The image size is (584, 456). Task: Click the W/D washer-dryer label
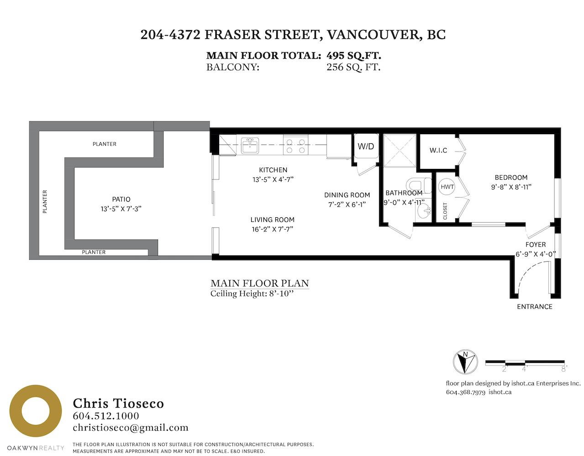point(365,147)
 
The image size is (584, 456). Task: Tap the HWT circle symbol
point(447,187)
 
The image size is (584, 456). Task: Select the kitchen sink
point(250,145)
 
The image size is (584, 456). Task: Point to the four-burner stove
point(295,145)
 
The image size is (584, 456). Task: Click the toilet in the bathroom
point(419,185)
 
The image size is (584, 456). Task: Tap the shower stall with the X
point(400,150)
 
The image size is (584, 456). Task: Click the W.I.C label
point(438,150)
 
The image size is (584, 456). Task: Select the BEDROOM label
point(511,178)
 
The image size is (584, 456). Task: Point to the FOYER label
point(535,245)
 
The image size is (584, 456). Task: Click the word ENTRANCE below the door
point(535,307)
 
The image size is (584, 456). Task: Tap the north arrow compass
point(465,362)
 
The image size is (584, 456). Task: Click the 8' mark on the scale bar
point(564,369)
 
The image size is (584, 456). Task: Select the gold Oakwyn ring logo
point(36,411)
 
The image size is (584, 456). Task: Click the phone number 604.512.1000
point(106,416)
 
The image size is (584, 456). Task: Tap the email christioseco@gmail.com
point(131,428)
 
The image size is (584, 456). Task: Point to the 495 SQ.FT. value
point(354,56)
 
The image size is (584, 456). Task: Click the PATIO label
point(121,199)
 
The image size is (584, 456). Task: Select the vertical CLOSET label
point(445,211)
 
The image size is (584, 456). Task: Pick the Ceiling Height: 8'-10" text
point(252,294)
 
